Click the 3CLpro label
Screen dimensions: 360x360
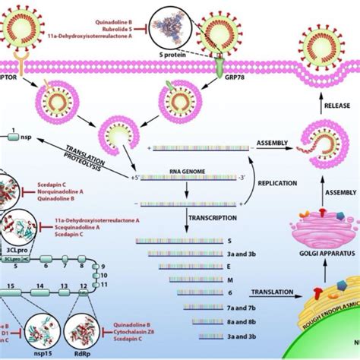coord(14,245)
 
